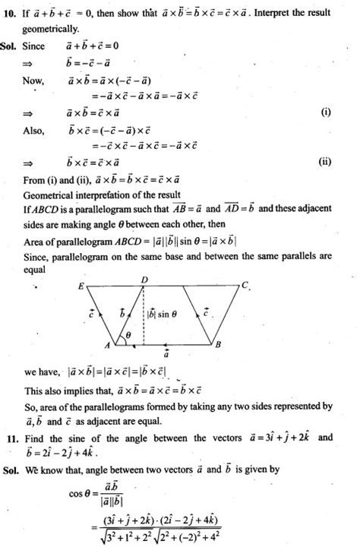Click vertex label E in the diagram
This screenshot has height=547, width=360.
click(x=80, y=285)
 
